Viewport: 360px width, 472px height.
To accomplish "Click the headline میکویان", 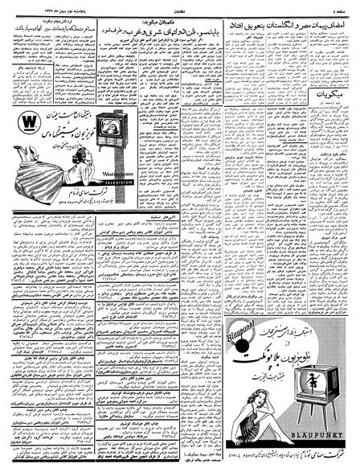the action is click(x=322, y=96).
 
